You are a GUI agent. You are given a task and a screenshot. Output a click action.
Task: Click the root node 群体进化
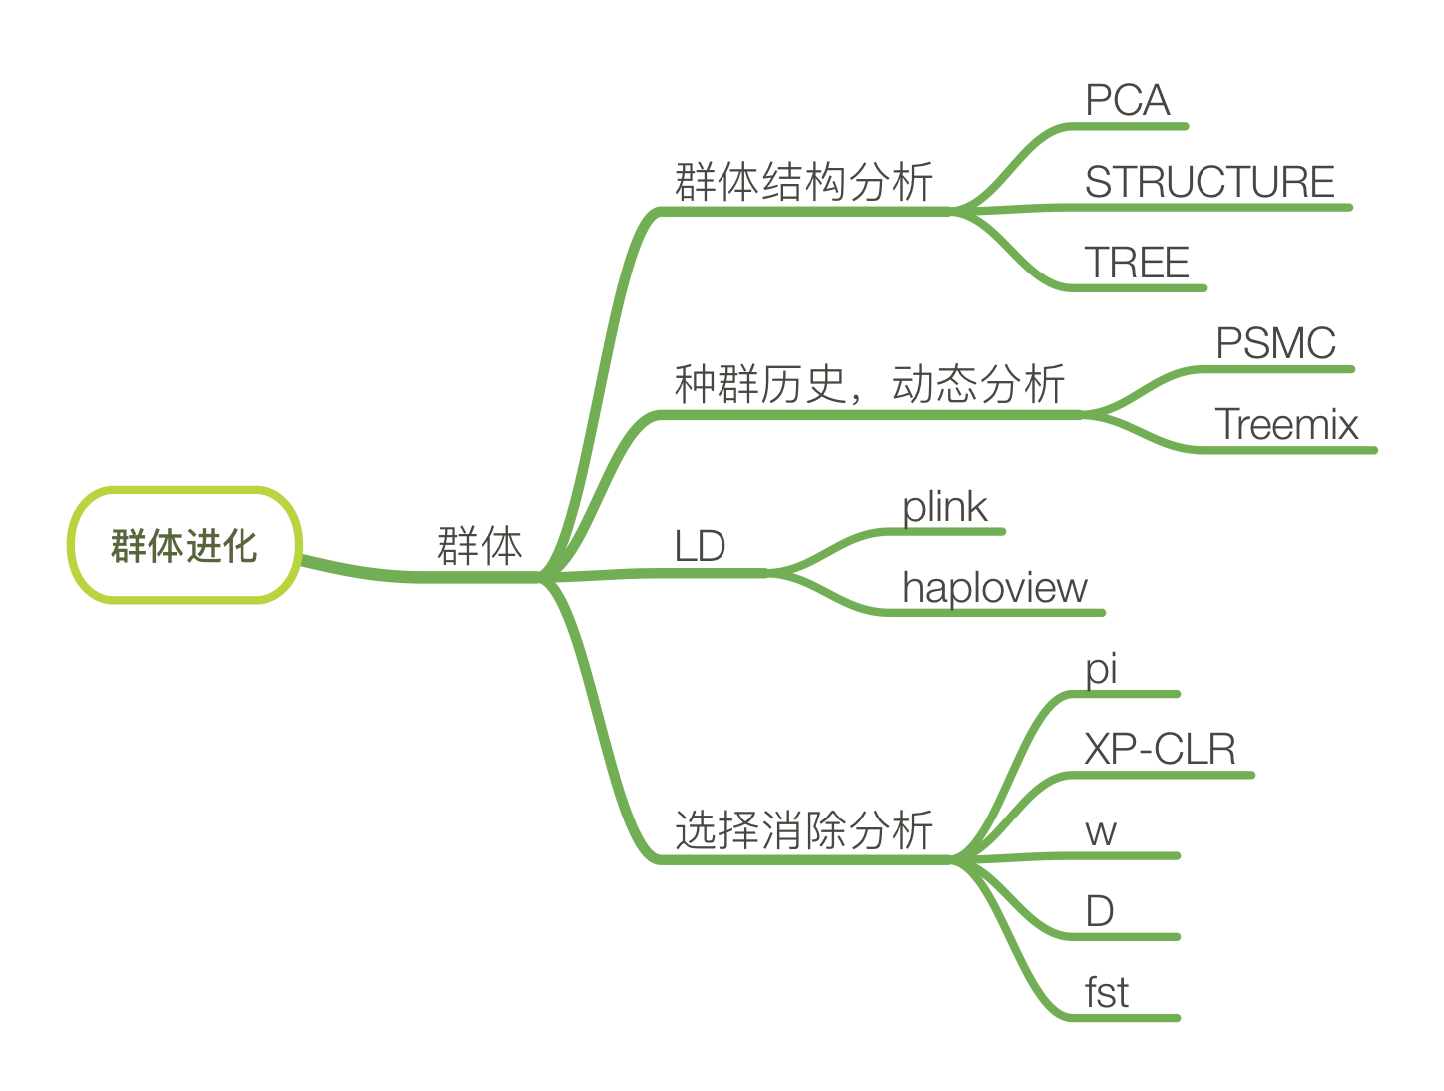[x=185, y=545]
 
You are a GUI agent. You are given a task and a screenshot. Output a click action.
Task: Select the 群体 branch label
[x=480, y=546]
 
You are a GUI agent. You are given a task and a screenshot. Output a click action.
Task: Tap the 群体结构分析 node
[x=803, y=182]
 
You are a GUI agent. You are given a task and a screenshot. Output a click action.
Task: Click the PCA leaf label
[x=1127, y=100]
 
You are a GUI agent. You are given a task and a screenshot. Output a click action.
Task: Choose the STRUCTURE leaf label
[x=1209, y=182]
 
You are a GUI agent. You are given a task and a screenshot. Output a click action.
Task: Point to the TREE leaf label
[x=1137, y=263]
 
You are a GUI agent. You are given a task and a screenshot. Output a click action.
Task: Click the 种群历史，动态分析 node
[x=869, y=384]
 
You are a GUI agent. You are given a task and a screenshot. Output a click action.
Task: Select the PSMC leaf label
[x=1275, y=343]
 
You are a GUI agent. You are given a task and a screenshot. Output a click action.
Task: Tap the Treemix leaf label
[x=1286, y=425]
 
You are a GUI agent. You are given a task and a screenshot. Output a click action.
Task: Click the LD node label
[x=700, y=546]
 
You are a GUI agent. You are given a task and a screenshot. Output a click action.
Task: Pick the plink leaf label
[x=944, y=507]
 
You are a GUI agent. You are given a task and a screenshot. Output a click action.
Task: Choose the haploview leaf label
[x=994, y=588]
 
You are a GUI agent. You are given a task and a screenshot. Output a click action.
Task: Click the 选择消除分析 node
[x=803, y=830]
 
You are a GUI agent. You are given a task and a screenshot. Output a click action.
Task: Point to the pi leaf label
[x=1101, y=669]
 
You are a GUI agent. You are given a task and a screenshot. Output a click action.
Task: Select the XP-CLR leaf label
[x=1160, y=749]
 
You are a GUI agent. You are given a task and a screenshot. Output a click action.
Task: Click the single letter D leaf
[x=1099, y=911]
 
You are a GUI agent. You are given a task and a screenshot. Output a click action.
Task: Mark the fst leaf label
[x=1107, y=993]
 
